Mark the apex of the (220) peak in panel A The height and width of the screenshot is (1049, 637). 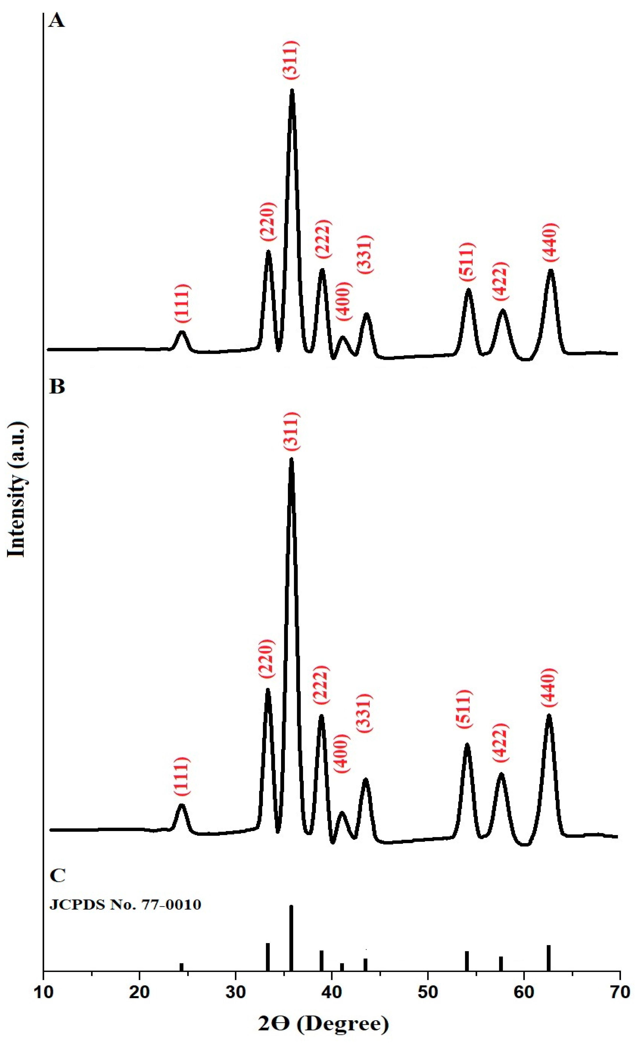[x=268, y=252]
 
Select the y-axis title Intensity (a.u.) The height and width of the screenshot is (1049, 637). [x=17, y=490]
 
